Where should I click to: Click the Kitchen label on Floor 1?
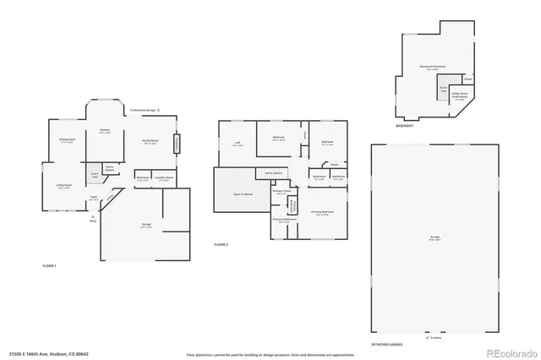click(x=105, y=130)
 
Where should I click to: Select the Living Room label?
click(x=63, y=186)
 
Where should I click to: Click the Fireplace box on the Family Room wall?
click(x=178, y=144)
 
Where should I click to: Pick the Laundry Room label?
click(x=164, y=178)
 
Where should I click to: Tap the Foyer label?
click(x=95, y=196)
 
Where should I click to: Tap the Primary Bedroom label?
click(x=322, y=211)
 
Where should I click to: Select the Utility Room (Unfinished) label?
click(x=460, y=96)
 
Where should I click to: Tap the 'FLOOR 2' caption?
click(x=221, y=244)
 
